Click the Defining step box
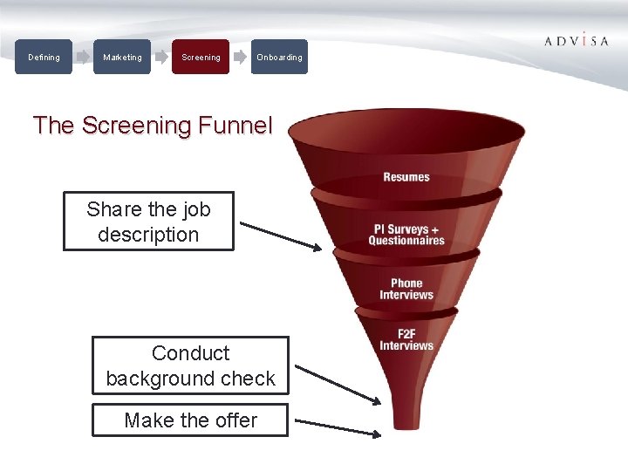44,58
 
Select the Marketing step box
122,58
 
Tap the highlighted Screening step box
201,58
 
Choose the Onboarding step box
279,58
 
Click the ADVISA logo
576,41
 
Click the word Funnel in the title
235,126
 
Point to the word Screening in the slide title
136,126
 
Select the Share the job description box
148,222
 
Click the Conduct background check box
190,365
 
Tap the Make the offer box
190,420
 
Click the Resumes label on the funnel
406,177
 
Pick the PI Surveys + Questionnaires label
406,235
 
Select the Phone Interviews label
406,289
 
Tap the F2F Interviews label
406,339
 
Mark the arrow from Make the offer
338,427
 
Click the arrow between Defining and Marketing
83,58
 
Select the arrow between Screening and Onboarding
240,58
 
